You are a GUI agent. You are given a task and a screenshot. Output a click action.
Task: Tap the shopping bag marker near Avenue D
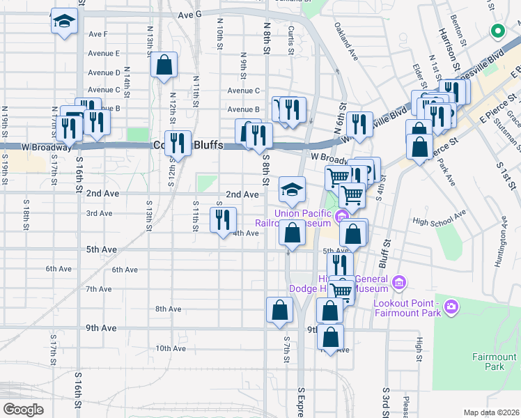(x=164, y=66)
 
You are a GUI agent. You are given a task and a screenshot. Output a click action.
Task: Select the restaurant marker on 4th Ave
(x=224, y=221)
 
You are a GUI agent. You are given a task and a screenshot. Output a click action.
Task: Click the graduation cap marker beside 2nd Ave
(x=293, y=189)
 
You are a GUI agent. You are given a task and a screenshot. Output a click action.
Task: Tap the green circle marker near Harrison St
(x=498, y=30)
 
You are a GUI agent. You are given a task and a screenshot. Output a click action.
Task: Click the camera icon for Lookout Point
(x=452, y=306)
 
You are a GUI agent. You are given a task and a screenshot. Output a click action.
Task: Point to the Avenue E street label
(x=104, y=53)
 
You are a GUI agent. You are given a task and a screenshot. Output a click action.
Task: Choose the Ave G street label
(x=189, y=14)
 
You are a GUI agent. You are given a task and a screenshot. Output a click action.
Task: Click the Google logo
(x=24, y=409)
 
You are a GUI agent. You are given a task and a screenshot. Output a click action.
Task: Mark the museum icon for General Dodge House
(x=398, y=282)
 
